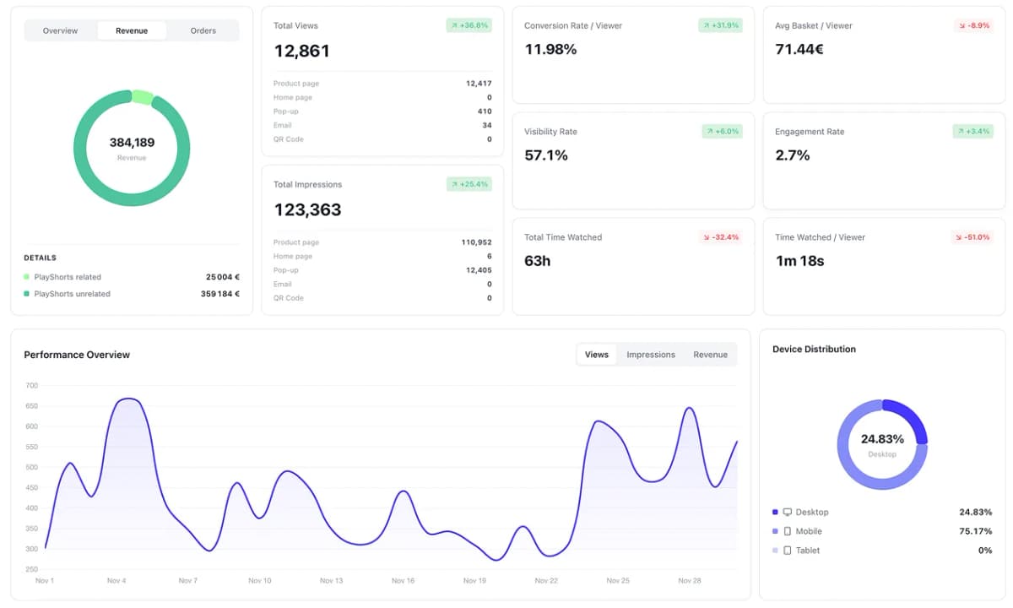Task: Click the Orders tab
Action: pyautogui.click(x=203, y=30)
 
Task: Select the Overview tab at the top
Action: pyautogui.click(x=60, y=30)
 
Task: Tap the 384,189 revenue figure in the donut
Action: pyautogui.click(x=132, y=143)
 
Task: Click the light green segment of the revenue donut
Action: pyautogui.click(x=142, y=98)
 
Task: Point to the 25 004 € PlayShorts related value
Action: pyautogui.click(x=223, y=277)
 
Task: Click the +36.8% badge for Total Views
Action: pyautogui.click(x=469, y=25)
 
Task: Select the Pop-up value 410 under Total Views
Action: pyautogui.click(x=484, y=111)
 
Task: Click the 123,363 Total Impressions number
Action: pyautogui.click(x=307, y=209)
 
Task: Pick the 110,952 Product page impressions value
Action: pyautogui.click(x=476, y=242)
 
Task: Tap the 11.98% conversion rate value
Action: pyautogui.click(x=550, y=49)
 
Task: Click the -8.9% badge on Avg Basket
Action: pyautogui.click(x=973, y=25)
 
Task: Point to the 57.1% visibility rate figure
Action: pyautogui.click(x=545, y=155)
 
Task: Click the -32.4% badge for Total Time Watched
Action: pyautogui.click(x=721, y=237)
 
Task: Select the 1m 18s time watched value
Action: pyautogui.click(x=799, y=261)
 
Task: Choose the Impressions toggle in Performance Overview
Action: pyautogui.click(x=650, y=355)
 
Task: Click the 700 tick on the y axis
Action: pyautogui.click(x=32, y=386)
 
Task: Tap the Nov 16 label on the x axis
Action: pyautogui.click(x=403, y=581)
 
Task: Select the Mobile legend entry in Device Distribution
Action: pyautogui.click(x=808, y=531)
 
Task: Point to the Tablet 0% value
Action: pyautogui.click(x=984, y=551)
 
